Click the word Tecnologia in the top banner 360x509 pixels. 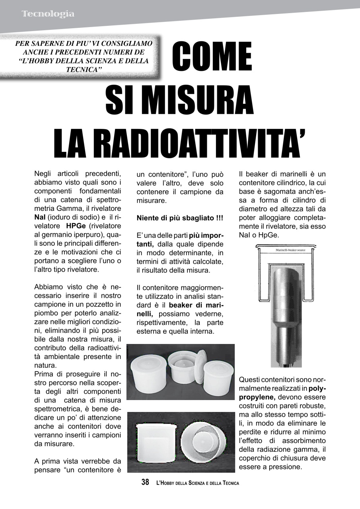pyautogui.click(x=48, y=14)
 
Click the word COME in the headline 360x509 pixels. pyautogui.click(x=212, y=56)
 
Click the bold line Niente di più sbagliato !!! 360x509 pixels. pyautogui.click(x=180, y=218)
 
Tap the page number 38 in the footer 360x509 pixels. pyautogui.click(x=145, y=482)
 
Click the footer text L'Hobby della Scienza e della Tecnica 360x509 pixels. pyautogui.click(x=198, y=483)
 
